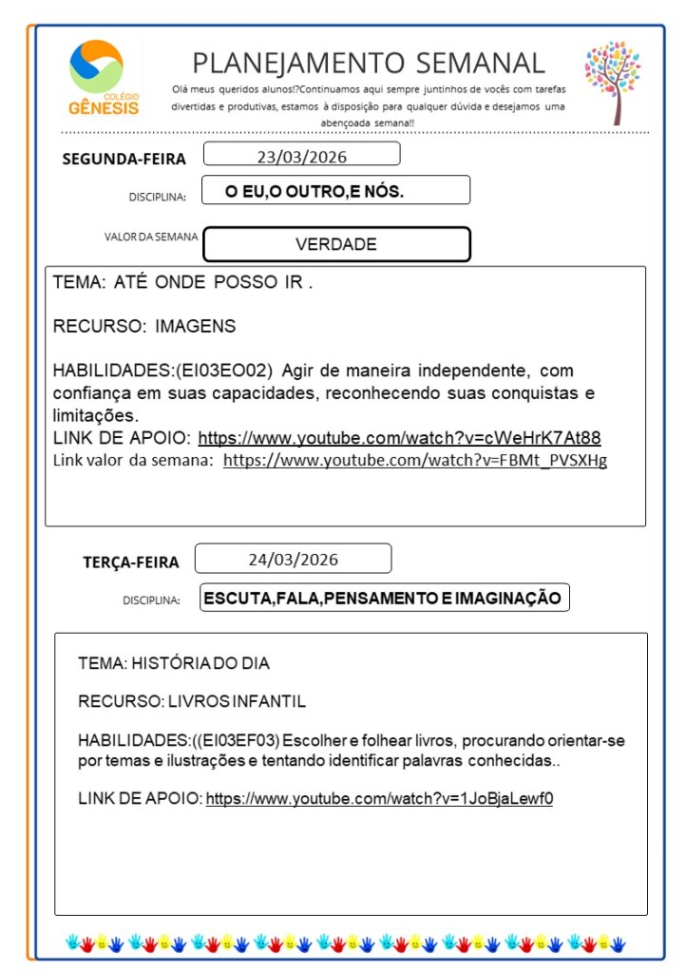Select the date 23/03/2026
(x=301, y=155)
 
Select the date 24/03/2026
(x=293, y=559)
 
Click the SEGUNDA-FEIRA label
(x=124, y=159)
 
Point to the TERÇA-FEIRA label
(x=130, y=562)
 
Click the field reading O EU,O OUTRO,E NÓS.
(x=335, y=191)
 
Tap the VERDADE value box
(x=336, y=244)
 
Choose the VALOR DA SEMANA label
(x=152, y=237)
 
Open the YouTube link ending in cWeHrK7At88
(x=399, y=438)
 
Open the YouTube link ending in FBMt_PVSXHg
(x=414, y=460)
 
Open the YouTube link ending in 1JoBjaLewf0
(x=379, y=798)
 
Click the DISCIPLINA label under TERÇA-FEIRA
(x=151, y=600)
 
